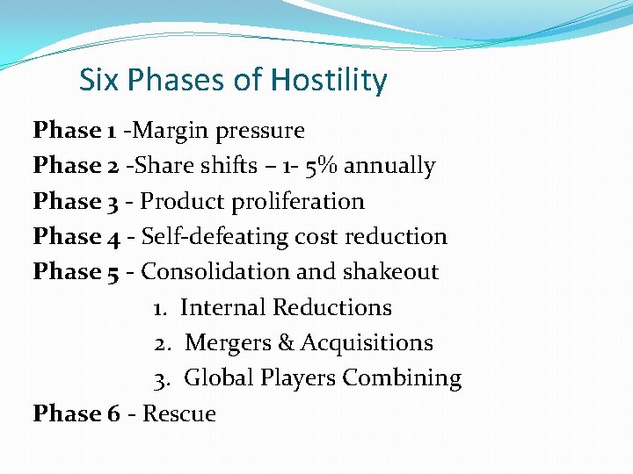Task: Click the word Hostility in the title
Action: click(329, 81)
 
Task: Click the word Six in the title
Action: click(98, 81)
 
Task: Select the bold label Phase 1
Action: click(74, 131)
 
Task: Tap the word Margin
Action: click(169, 131)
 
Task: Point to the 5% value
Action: click(315, 166)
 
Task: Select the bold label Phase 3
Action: click(76, 201)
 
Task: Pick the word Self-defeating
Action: click(215, 237)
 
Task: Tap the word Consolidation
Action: click(215, 272)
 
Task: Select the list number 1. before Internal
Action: click(161, 308)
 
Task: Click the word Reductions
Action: click(332, 308)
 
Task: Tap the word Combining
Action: click(402, 379)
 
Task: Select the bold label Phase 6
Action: click(76, 413)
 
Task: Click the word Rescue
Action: click(179, 413)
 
